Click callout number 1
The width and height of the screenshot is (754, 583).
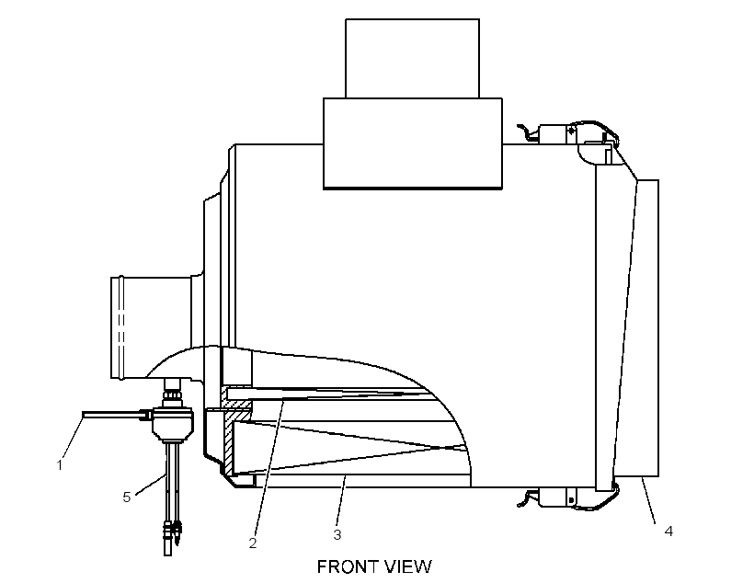coord(60,465)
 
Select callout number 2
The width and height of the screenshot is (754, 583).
coord(253,543)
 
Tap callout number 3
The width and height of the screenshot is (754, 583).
coord(337,534)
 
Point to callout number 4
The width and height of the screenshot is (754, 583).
coord(668,532)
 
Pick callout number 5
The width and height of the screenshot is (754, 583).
coord(127,497)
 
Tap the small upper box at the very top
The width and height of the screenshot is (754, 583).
coord(412,59)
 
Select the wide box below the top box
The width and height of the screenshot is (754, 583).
coord(413,143)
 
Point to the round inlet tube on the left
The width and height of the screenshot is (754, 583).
coord(153,326)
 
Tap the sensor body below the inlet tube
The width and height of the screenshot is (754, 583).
coord(173,424)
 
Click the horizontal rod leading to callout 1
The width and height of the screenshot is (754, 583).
coord(116,414)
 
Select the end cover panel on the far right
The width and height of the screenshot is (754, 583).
coord(637,328)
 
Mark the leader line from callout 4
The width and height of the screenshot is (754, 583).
coord(648,500)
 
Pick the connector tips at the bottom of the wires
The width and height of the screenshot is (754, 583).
coord(173,532)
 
